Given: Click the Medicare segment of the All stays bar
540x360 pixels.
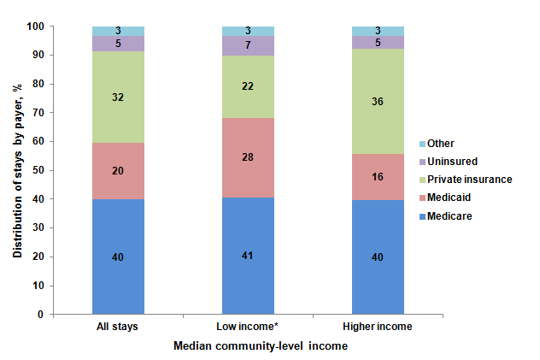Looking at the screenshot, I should (x=118, y=257).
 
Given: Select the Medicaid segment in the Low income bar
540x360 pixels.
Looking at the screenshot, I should (x=248, y=157).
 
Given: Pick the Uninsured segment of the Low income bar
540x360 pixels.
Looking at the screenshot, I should (x=248, y=45).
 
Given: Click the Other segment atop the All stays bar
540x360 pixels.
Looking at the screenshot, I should (x=118, y=31).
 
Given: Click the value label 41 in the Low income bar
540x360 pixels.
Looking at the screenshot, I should (x=248, y=256).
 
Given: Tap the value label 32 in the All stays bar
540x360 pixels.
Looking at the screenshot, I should (x=118, y=97).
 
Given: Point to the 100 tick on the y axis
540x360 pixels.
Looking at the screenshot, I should (x=59, y=27).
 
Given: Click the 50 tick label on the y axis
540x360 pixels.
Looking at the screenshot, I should (x=62, y=170).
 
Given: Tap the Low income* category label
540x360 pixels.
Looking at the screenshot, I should (x=248, y=328).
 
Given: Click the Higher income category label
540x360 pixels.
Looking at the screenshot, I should (x=378, y=328).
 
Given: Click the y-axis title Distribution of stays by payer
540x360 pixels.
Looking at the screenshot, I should (x=17, y=170).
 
